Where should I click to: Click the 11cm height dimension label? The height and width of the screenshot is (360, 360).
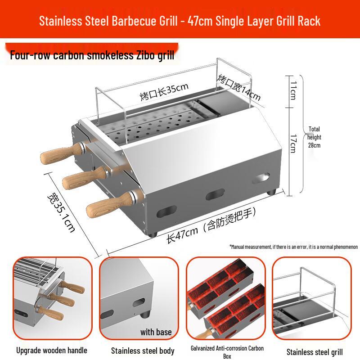tap(293, 90)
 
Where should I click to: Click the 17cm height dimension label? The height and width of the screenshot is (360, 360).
tap(293, 144)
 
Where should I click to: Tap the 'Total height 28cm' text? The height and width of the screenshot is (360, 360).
tap(314, 137)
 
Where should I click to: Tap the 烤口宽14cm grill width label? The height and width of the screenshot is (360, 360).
tap(239, 87)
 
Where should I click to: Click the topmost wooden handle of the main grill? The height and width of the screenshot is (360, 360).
tap(62, 153)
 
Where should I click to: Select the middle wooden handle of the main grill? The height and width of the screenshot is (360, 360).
tap(85, 177)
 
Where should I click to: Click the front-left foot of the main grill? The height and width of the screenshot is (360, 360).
tap(153, 234)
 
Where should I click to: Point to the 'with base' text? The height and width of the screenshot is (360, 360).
tap(156, 332)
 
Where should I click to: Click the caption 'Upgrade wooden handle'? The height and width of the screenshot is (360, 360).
tap(52, 351)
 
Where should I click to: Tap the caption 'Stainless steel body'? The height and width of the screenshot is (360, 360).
tap(143, 351)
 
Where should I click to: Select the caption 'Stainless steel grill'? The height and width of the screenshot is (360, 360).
tap(315, 352)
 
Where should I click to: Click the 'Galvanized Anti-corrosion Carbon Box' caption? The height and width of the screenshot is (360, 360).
tap(227, 352)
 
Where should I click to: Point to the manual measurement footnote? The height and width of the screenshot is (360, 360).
tap(293, 247)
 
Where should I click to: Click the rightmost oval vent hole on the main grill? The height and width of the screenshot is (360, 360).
tap(261, 178)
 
